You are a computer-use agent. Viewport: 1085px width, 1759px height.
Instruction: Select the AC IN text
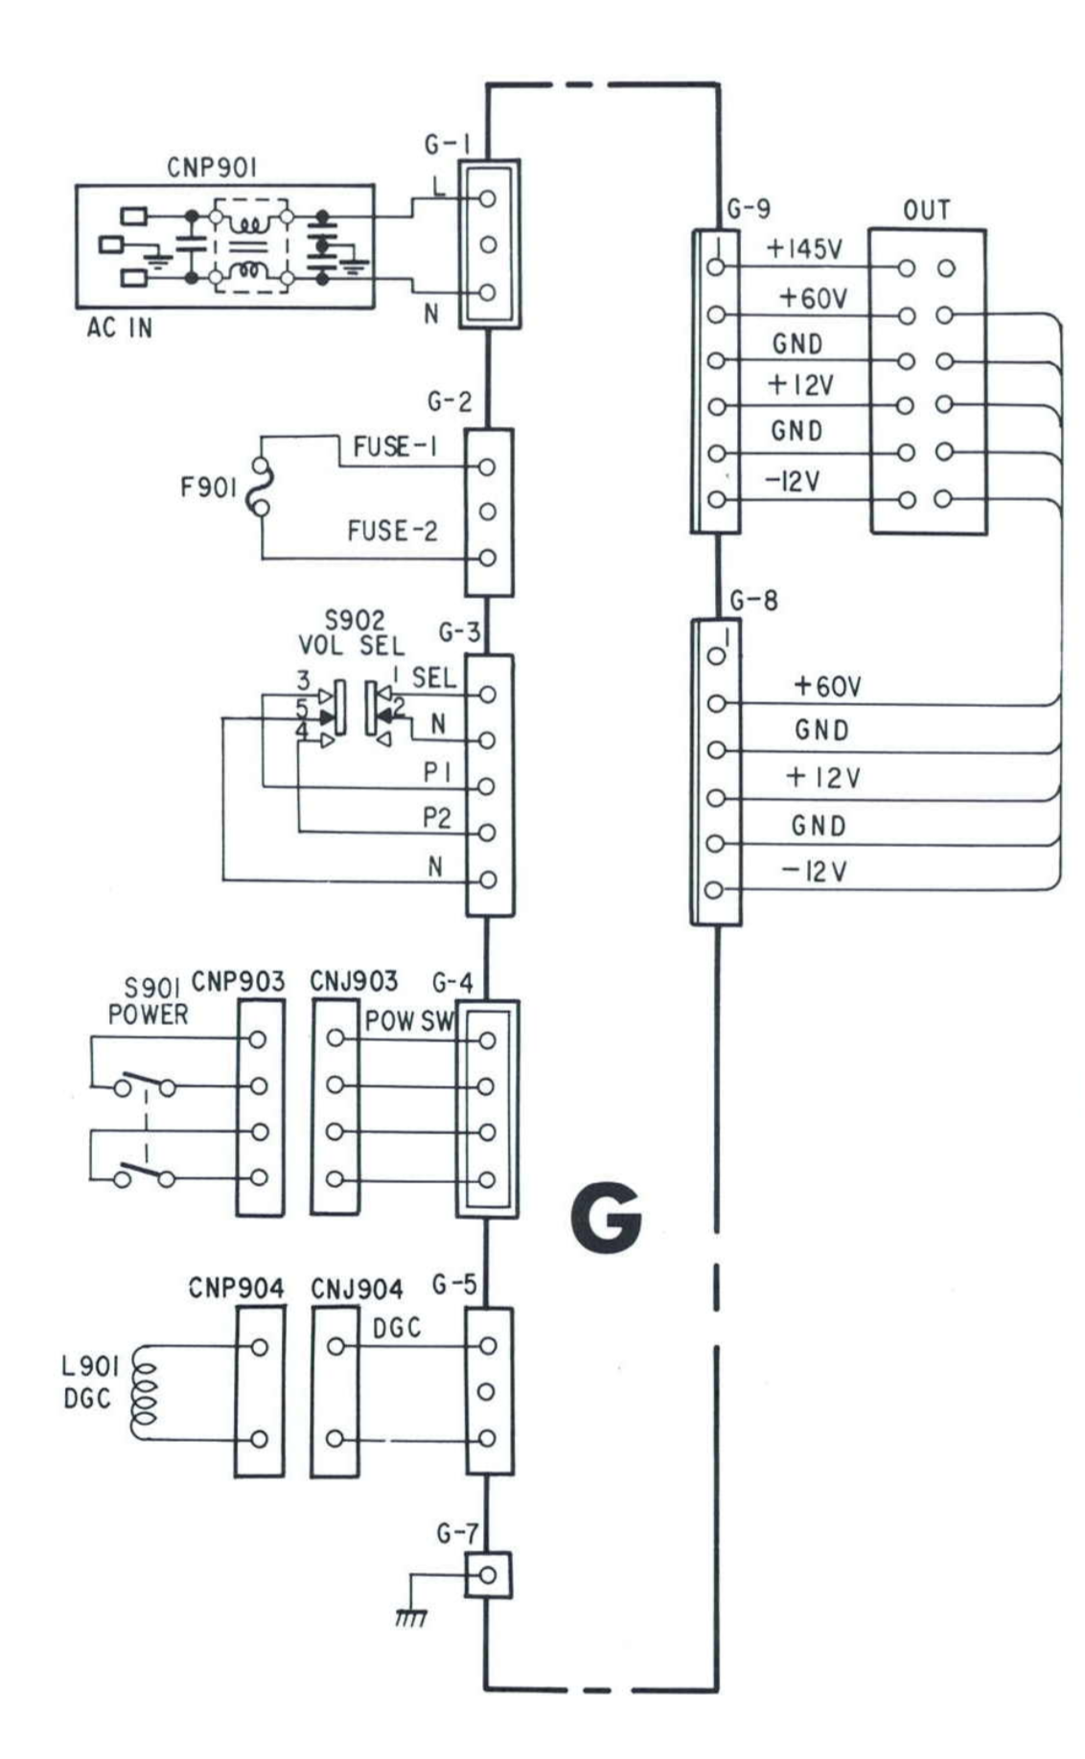[x=120, y=329]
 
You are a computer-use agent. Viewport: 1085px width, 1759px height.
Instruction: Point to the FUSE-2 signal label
[x=392, y=531]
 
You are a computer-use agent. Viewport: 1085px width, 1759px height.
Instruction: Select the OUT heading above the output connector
[x=926, y=211]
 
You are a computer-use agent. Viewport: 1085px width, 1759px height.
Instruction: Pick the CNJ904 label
[x=357, y=1289]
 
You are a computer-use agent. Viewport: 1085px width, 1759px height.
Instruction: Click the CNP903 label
[x=238, y=982]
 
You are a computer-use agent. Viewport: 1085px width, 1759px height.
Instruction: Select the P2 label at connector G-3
[x=436, y=818]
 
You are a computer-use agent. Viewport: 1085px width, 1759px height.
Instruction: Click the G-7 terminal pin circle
[x=487, y=1575]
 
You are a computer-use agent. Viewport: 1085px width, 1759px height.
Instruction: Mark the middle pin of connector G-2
[x=487, y=512]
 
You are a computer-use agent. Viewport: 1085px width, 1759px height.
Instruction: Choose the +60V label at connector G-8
[x=827, y=686]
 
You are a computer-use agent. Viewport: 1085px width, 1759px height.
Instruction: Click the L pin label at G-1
[x=439, y=189]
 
